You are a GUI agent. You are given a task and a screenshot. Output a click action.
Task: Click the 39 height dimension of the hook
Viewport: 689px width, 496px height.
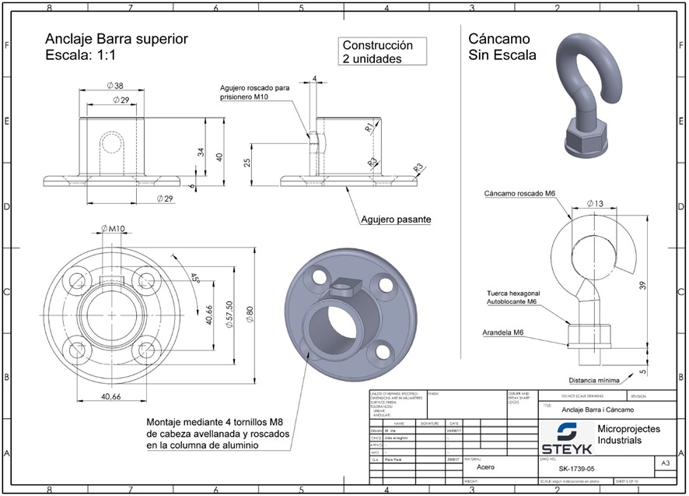tap(641, 286)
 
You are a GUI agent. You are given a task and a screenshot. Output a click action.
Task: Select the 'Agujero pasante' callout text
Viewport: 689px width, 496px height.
tap(395, 220)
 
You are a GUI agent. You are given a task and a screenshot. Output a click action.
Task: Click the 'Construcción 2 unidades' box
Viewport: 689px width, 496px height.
tap(383, 52)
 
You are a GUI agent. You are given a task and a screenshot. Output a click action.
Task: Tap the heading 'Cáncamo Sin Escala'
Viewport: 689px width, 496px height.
tap(502, 47)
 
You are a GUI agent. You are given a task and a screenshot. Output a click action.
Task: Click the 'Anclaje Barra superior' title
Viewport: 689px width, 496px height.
tap(117, 39)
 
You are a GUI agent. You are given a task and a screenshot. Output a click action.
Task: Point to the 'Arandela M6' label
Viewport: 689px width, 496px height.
tap(502, 332)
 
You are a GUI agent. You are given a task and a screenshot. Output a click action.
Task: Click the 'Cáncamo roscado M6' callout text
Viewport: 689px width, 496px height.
tap(519, 193)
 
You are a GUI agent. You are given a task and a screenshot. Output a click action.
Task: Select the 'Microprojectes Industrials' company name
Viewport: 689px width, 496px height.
tap(628, 434)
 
